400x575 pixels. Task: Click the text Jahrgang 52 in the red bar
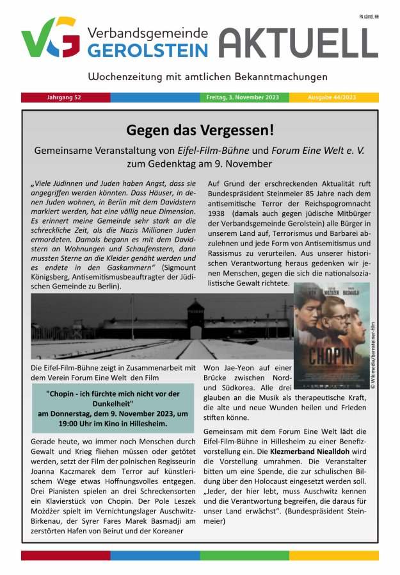[64, 97]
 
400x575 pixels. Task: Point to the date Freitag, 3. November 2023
[244, 97]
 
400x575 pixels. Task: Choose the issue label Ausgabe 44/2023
[333, 97]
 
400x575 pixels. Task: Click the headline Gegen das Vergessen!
[200, 130]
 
